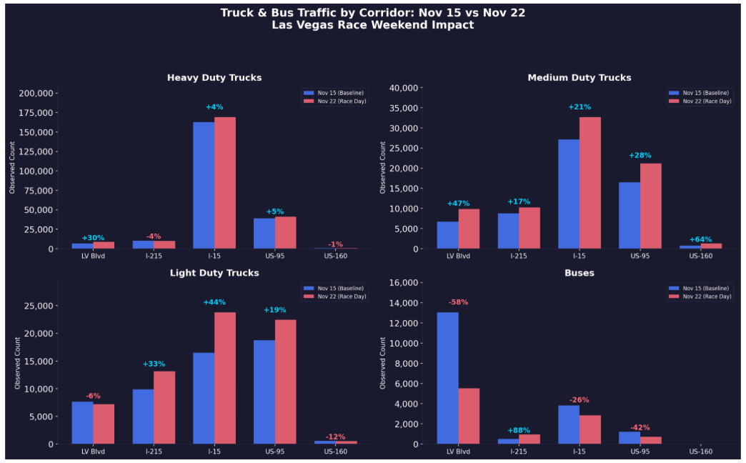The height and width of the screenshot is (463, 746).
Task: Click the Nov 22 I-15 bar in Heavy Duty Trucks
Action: (x=225, y=183)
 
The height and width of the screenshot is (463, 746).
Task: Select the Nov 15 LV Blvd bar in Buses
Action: (x=447, y=378)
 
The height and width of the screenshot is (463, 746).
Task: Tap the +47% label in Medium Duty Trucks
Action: (x=458, y=204)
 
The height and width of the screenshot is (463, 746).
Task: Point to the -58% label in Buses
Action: (x=458, y=302)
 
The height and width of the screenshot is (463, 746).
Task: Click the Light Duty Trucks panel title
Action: (x=214, y=273)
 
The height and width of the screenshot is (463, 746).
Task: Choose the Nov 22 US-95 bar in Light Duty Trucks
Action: (x=286, y=382)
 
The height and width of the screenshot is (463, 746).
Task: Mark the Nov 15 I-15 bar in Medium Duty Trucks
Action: (x=569, y=194)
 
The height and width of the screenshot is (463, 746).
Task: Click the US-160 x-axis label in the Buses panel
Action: (x=700, y=452)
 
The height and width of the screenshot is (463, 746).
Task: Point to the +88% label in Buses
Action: (x=519, y=431)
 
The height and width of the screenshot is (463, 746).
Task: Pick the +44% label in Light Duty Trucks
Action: (x=214, y=302)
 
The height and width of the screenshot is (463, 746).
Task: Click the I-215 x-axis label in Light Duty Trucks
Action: (x=154, y=452)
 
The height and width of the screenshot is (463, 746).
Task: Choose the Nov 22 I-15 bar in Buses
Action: (x=590, y=429)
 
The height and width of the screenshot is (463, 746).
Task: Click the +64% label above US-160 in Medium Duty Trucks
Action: (x=700, y=239)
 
